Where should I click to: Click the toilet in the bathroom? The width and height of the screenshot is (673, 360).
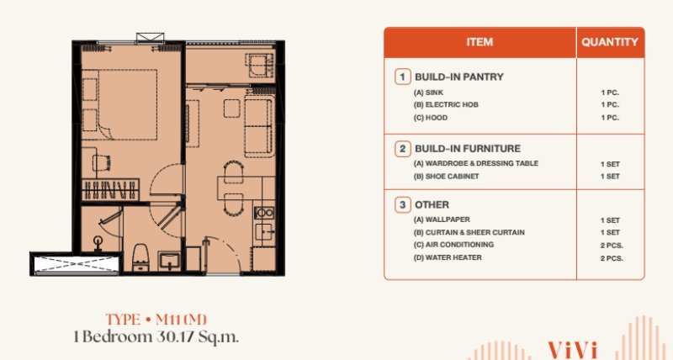140,257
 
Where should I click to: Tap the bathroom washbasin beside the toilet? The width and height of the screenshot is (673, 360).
169,261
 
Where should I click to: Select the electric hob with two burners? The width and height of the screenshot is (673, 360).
264,213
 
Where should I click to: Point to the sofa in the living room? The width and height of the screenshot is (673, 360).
258,126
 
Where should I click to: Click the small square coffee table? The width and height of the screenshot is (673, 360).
232,109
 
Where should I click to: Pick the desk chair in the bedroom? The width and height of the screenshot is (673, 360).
101,163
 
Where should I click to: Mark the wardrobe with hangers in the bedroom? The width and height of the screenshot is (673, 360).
110,189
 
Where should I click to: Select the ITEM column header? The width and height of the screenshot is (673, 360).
480,42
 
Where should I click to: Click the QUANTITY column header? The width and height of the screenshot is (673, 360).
609,42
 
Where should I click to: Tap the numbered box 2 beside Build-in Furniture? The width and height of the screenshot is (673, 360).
403,149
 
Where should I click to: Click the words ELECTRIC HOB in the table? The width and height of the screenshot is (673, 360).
452,104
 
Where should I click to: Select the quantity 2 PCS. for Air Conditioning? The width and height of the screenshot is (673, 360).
612,246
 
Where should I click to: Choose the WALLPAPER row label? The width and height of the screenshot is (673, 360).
448,220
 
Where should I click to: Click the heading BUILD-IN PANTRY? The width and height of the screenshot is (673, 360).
458,77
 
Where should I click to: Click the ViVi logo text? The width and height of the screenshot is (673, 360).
573,349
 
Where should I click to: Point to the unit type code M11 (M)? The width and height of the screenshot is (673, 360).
181,320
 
